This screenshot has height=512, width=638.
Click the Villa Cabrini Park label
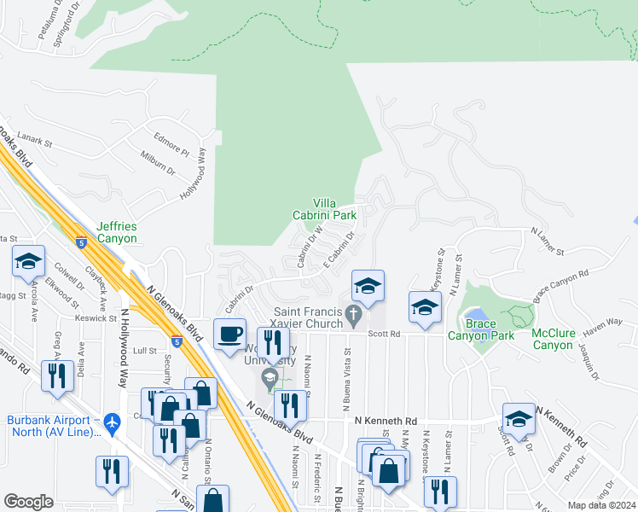[x=334, y=209]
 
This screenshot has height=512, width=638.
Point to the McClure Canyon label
[x=554, y=339]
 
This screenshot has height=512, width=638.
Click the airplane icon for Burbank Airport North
[x=112, y=421]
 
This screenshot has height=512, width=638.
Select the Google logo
[x=28, y=502]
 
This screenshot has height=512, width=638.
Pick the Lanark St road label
[x=35, y=139]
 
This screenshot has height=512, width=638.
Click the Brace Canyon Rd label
[x=561, y=287]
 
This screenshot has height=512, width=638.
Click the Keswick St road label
[x=95, y=317]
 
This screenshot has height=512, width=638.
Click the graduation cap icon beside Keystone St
[x=424, y=307]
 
